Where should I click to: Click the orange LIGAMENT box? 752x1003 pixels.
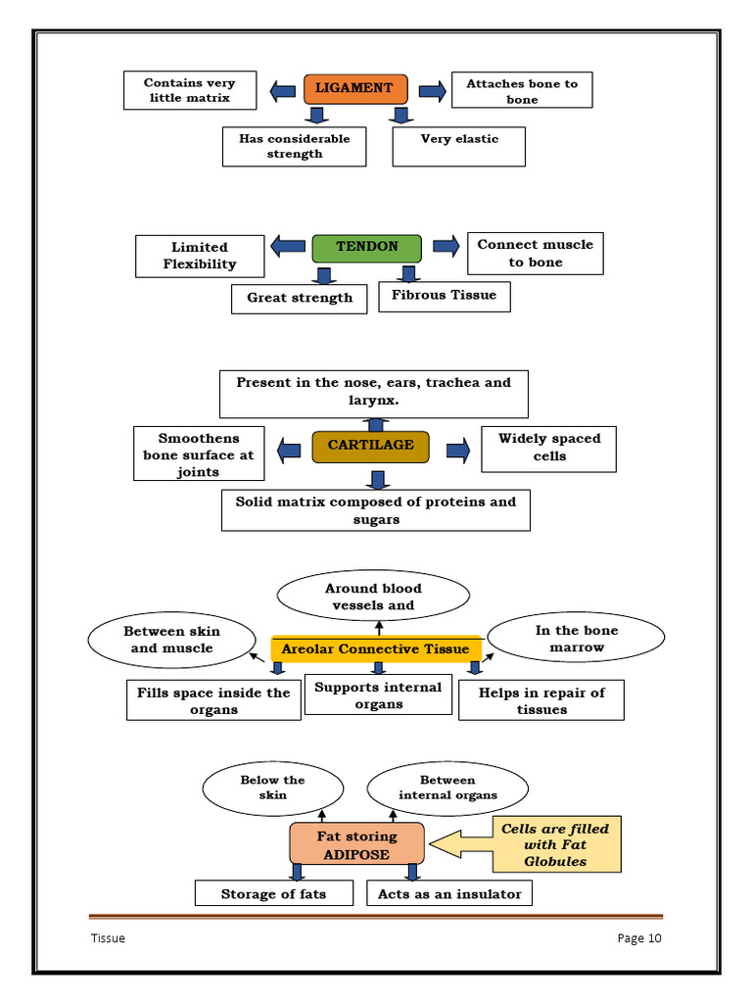353,88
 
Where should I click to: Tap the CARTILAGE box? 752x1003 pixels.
370,446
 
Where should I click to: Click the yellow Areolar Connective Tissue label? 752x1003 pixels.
376,648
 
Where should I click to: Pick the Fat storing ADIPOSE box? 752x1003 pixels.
356,844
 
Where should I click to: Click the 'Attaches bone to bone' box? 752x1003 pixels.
521,91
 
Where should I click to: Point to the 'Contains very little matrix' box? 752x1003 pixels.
190,90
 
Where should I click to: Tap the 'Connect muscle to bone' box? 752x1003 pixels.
535,254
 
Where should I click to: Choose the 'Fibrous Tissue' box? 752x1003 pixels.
444,295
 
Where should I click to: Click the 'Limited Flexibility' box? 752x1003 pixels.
200,256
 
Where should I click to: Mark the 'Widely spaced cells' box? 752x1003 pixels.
548,448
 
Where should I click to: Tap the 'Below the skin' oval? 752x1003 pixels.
272,788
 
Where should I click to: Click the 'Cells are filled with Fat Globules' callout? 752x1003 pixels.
554,844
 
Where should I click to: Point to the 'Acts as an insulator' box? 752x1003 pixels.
449,893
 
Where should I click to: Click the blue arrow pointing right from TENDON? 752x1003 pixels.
446,246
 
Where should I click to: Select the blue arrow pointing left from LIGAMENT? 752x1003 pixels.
282,91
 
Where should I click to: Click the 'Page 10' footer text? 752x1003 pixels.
639,938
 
